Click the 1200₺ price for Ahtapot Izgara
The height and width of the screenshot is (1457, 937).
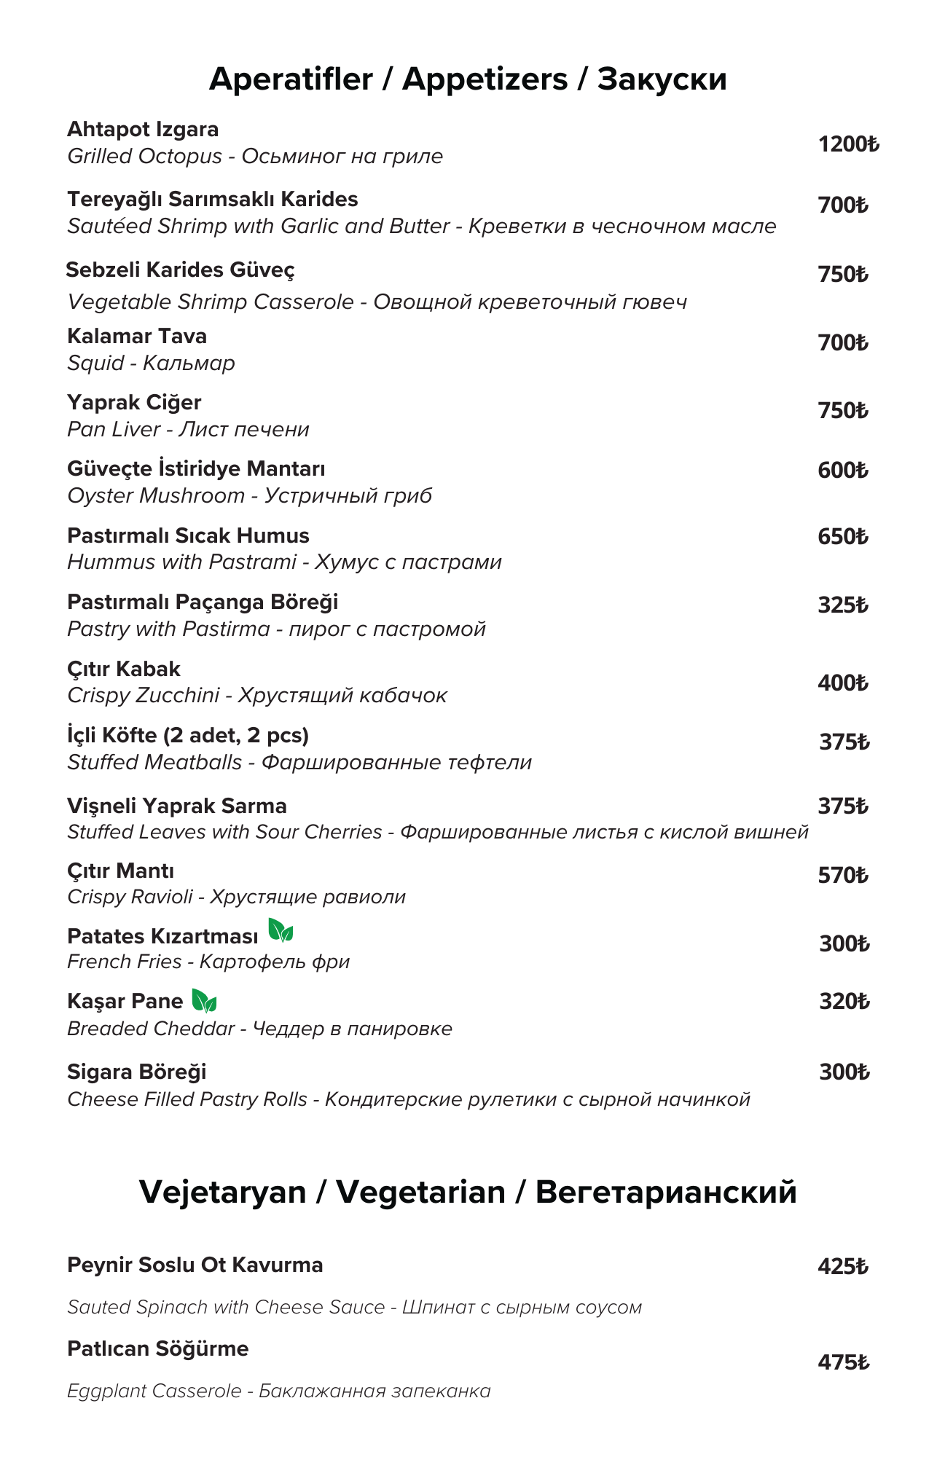(848, 144)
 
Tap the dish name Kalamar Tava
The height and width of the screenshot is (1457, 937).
(137, 336)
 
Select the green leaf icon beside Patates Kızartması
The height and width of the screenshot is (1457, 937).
(281, 930)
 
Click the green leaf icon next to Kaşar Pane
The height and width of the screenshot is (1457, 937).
(204, 1000)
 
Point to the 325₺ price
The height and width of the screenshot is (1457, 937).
(843, 605)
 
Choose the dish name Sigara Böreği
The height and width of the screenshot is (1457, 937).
(137, 1072)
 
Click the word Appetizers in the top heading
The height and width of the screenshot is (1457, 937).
(485, 79)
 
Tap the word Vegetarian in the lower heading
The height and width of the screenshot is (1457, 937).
(420, 1192)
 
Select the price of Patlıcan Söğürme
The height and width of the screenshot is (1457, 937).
(843, 1362)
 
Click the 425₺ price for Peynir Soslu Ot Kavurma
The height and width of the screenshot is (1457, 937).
(843, 1266)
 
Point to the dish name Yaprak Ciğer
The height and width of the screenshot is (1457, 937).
(134, 402)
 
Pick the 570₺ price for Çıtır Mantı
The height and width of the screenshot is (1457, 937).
(843, 875)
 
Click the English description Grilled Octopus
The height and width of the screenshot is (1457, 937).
(144, 157)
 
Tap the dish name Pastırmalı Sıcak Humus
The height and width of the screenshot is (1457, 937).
(188, 535)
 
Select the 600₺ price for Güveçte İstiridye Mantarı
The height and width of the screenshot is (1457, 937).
(843, 470)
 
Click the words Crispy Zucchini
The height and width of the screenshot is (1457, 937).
(143, 696)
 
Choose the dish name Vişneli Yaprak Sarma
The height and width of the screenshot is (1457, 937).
(177, 806)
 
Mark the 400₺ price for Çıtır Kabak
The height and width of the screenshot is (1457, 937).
(843, 683)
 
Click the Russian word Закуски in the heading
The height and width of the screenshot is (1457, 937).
(662, 79)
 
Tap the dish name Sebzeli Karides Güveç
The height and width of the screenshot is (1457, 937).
(180, 270)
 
